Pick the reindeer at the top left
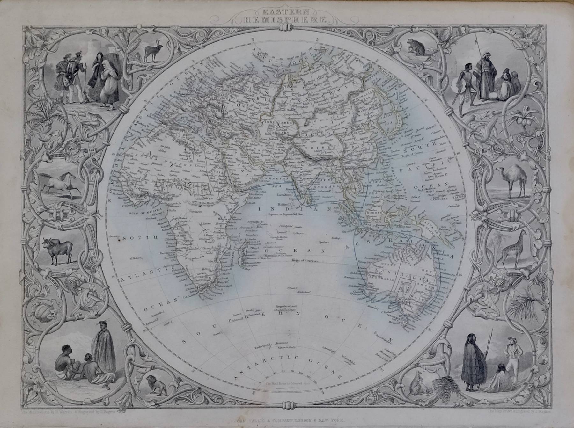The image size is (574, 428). tap(152, 51)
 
